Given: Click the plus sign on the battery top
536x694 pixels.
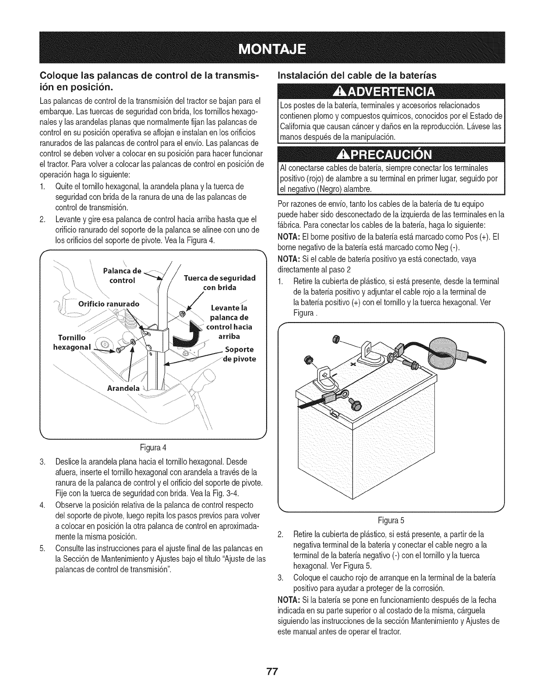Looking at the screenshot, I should click(x=351, y=351).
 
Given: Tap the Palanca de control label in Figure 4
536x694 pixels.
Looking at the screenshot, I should click(x=122, y=275).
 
